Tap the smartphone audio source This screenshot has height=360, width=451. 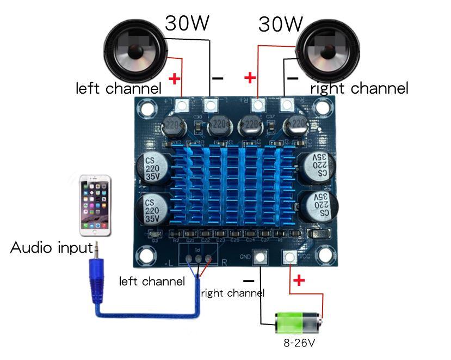click(96, 205)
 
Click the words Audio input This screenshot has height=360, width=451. click(52, 248)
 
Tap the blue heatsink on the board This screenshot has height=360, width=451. click(233, 185)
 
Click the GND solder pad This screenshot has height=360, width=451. click(260, 257)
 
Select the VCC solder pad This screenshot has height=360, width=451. click(289, 257)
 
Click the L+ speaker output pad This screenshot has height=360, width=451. click(182, 103)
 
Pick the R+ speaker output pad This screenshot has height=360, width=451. click(258, 103)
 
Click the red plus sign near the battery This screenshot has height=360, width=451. click(299, 281)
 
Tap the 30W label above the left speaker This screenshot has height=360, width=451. click(187, 23)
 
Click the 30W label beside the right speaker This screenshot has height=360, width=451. click(280, 24)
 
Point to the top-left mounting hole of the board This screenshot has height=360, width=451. click(145, 109)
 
